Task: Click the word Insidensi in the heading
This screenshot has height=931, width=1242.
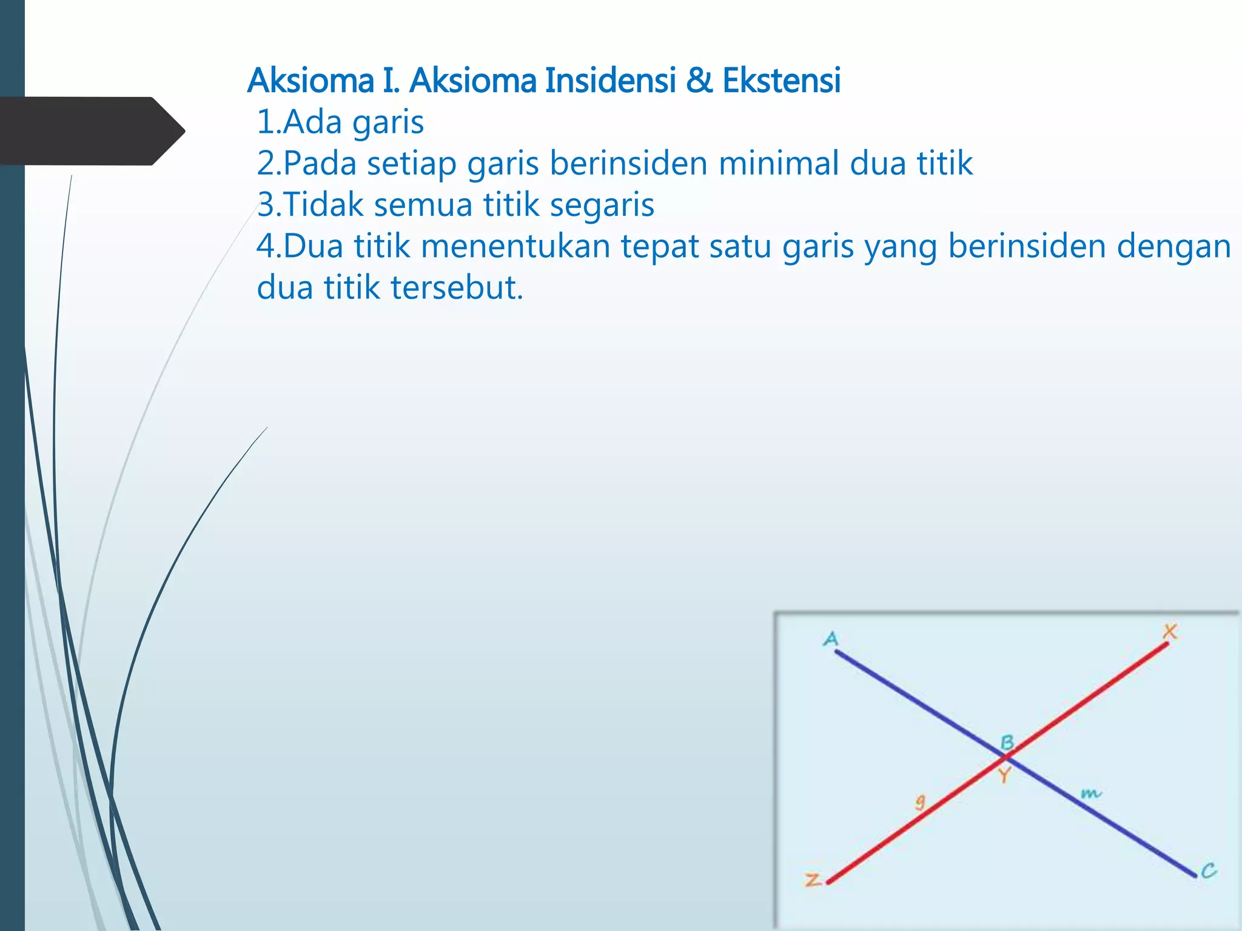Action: (609, 81)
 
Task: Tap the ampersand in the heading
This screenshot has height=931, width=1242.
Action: (699, 81)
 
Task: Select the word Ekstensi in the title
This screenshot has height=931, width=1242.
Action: (781, 81)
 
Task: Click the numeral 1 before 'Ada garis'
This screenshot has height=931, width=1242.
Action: (265, 122)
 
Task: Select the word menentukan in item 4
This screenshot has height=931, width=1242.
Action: (515, 247)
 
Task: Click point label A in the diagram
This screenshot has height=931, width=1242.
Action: (831, 639)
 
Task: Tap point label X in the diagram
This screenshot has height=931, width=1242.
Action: (1170, 632)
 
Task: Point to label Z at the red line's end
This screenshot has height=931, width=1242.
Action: (813, 879)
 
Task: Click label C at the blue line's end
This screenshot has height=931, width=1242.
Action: (1209, 871)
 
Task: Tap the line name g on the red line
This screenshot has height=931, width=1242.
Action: (921, 802)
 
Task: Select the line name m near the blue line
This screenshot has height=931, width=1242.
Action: (1090, 793)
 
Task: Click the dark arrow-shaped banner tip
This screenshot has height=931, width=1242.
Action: (173, 131)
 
